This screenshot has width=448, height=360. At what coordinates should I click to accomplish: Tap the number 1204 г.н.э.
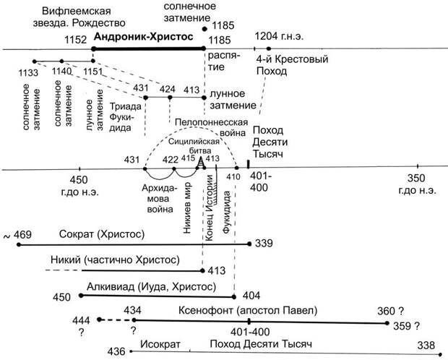(x=279, y=35)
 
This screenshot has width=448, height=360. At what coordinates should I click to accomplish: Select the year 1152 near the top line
(x=76, y=40)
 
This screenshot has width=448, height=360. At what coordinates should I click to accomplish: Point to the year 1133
(x=30, y=72)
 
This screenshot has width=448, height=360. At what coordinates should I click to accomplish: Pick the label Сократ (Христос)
(x=103, y=235)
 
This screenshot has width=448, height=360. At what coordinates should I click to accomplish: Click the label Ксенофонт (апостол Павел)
(x=248, y=310)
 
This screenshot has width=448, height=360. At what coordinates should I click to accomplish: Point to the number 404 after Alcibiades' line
(x=251, y=296)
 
